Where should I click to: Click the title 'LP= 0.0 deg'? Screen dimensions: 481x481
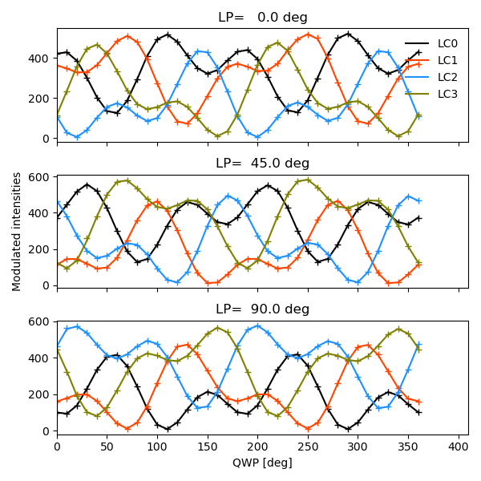pos(262,18)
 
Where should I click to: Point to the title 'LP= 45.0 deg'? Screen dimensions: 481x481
pos(262,164)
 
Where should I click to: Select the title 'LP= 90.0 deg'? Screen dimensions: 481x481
pos(262,309)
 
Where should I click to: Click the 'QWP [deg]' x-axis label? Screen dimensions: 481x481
pos(262,463)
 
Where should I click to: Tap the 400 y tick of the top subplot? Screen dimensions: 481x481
pos(39,59)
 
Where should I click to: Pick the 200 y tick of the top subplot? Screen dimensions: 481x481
pos(39,99)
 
